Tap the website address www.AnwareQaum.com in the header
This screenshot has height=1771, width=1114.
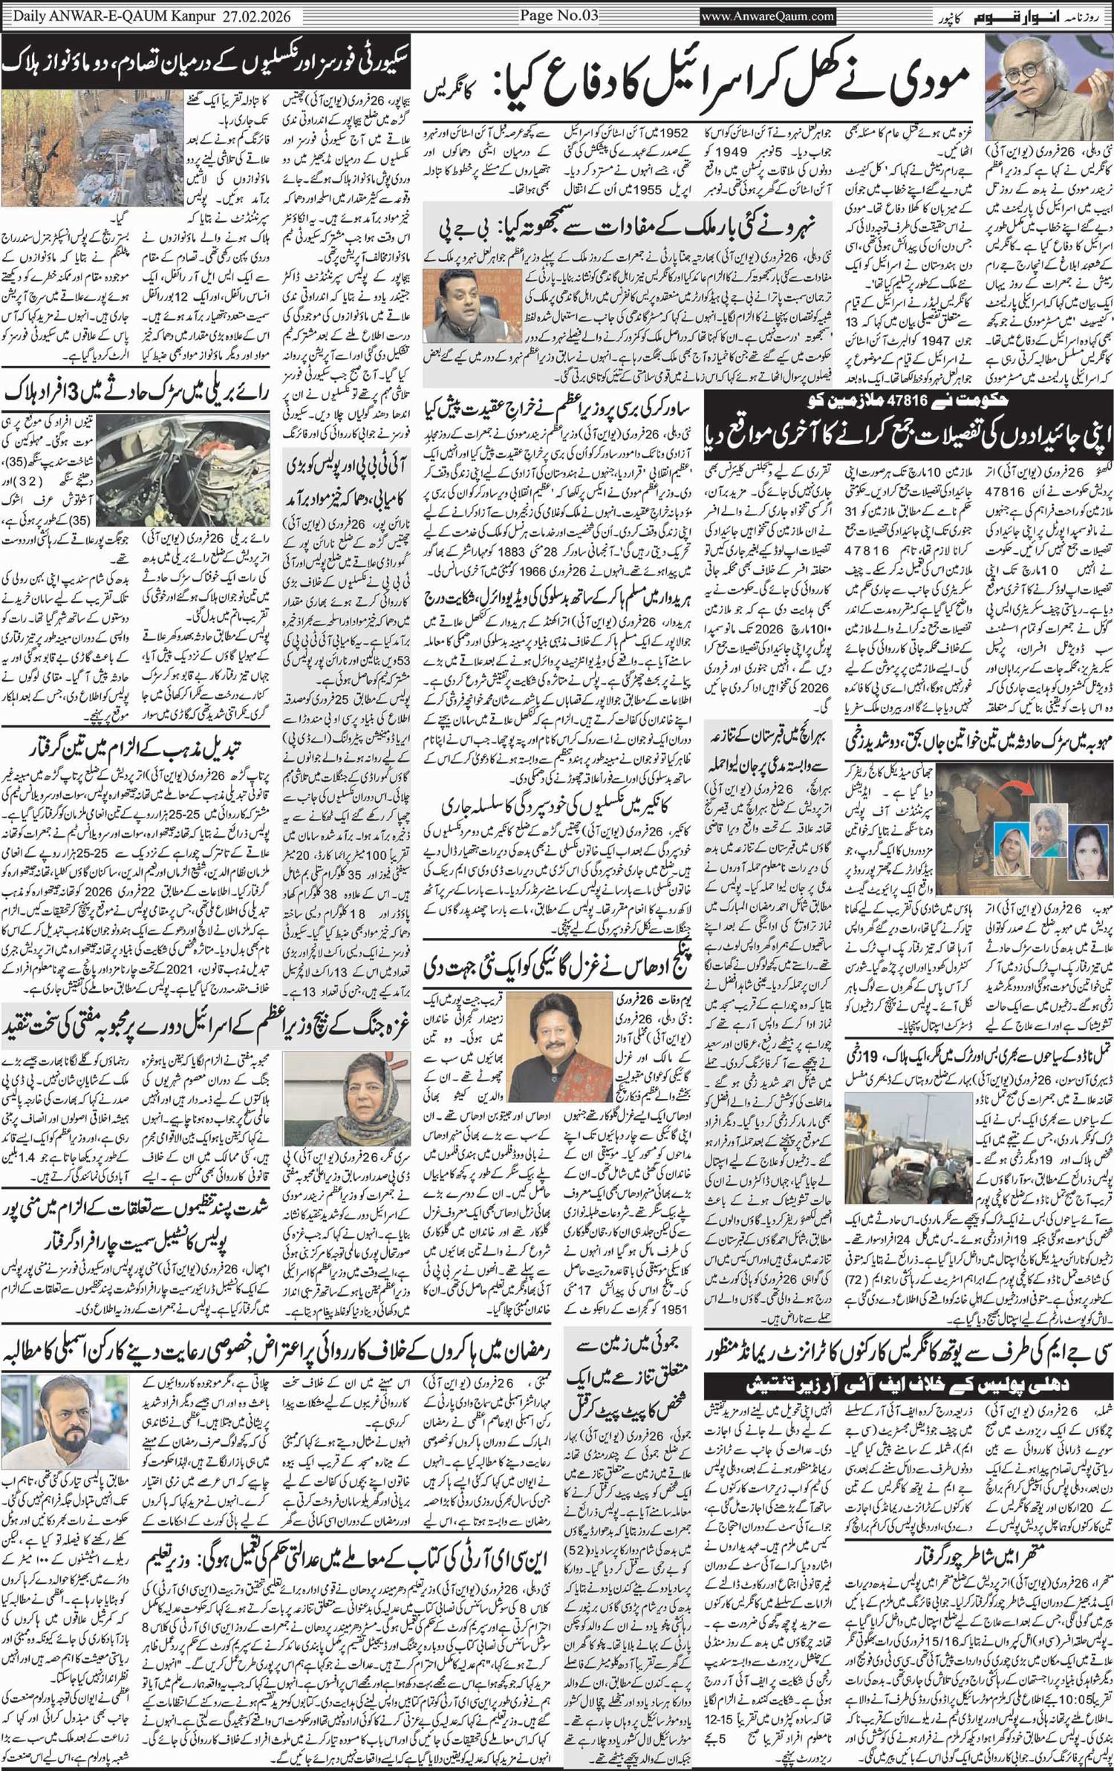[768, 16]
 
